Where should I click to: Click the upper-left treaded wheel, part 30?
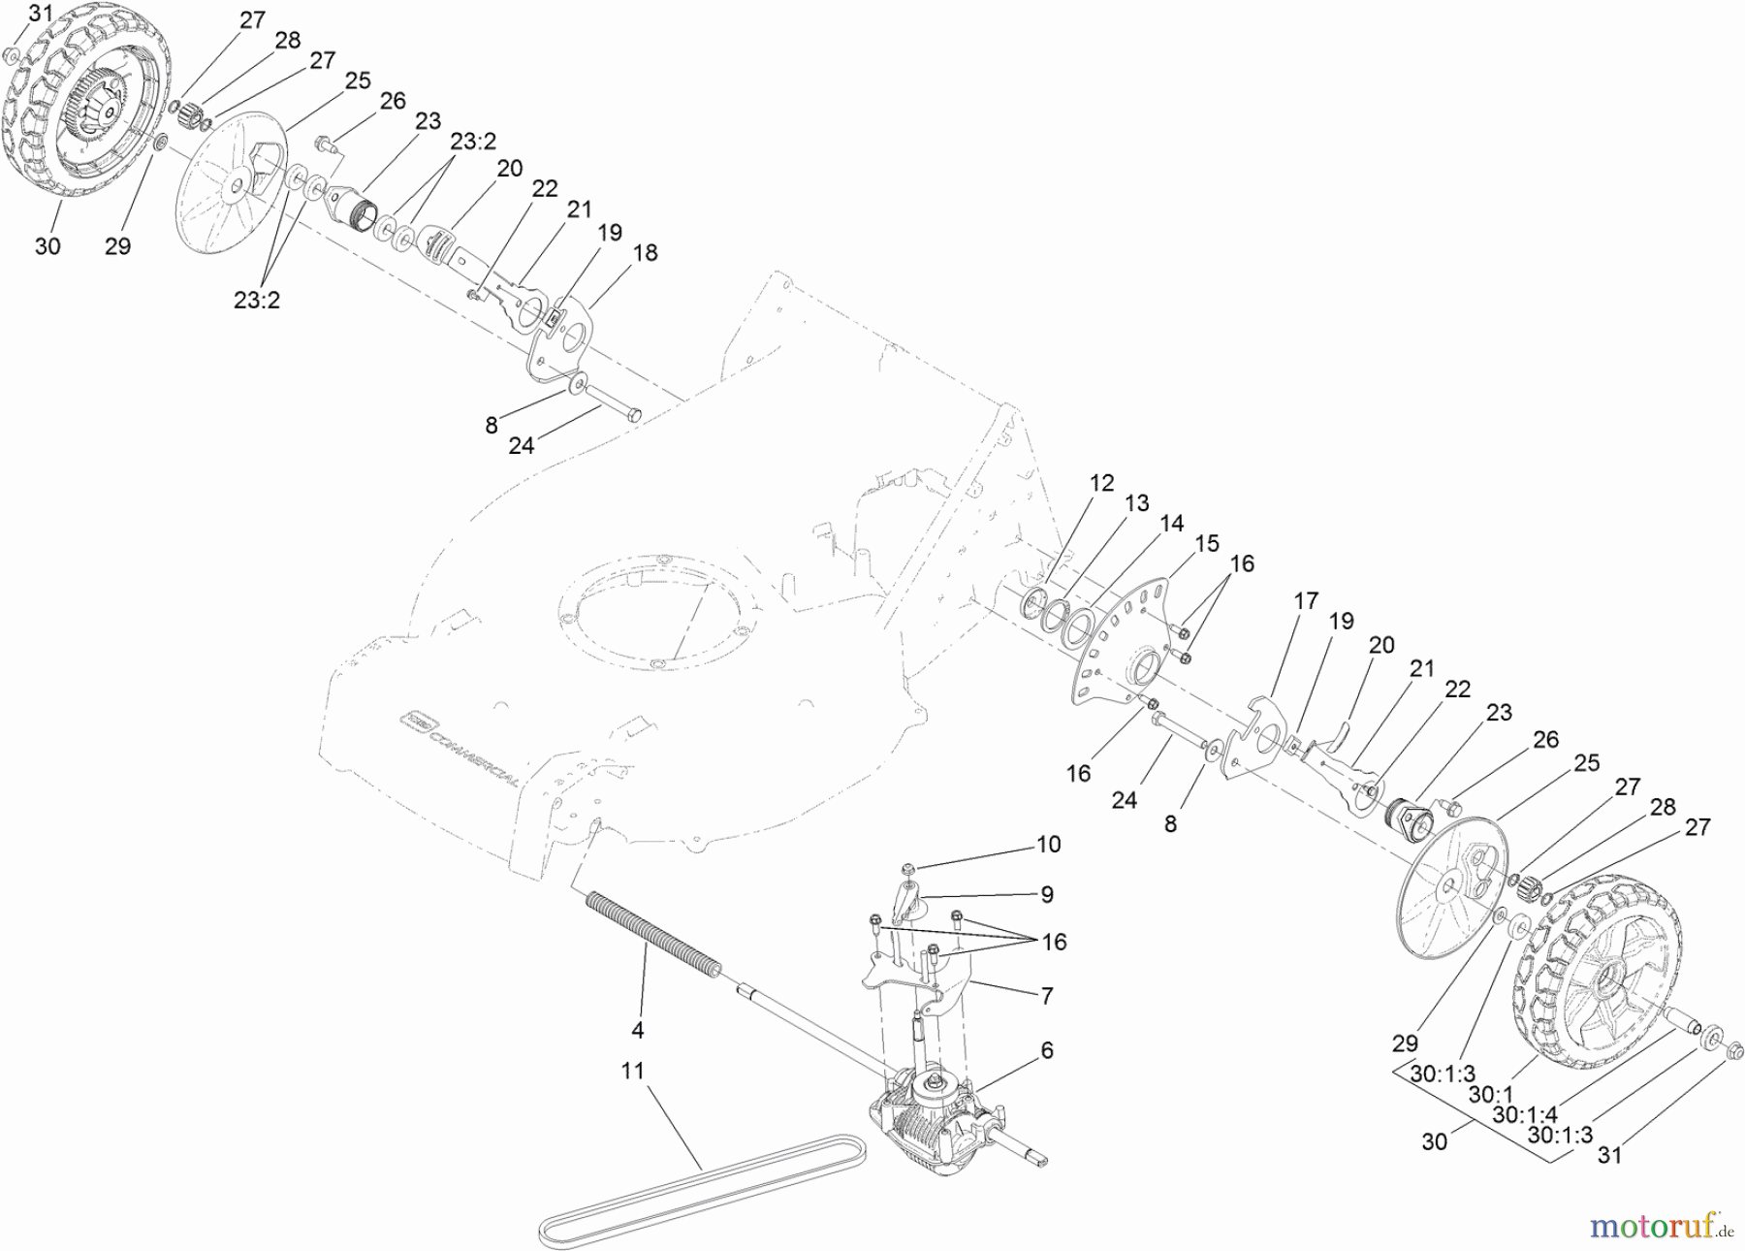coord(73,116)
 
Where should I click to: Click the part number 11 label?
coord(633,1071)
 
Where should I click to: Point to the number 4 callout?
coord(638,1030)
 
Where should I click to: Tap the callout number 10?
coord(1048,845)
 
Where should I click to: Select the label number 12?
coord(1101,483)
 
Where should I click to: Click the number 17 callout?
coord(1306,601)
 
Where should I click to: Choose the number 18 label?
coord(645,253)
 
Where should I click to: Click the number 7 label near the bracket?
coord(1046,995)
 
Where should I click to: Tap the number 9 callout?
coord(1047,894)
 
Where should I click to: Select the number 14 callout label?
coord(1171,524)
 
